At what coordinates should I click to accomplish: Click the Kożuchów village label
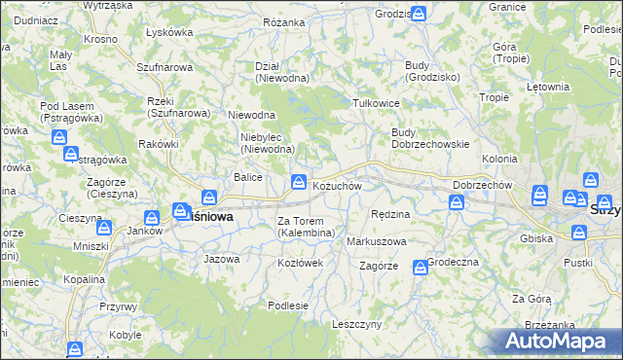(x=337, y=186)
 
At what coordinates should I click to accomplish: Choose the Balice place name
(x=247, y=176)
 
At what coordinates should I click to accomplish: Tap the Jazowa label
(x=221, y=259)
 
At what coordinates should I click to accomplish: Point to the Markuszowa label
(x=377, y=240)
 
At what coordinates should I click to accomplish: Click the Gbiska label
(x=537, y=238)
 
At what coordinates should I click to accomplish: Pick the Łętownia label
(x=547, y=87)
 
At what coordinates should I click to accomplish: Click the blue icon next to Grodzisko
(x=418, y=15)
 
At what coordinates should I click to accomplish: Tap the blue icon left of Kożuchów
(x=298, y=182)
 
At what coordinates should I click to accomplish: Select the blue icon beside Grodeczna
(x=420, y=267)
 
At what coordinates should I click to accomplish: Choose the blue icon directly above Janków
(x=152, y=219)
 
